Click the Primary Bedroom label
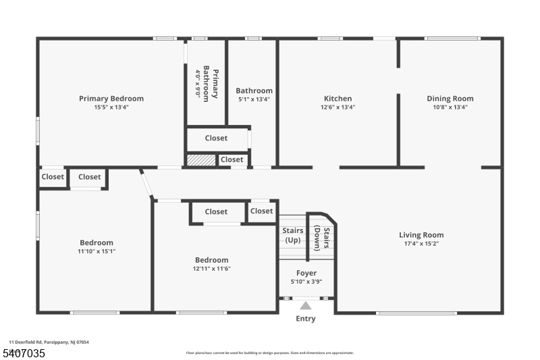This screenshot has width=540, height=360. tap(111, 99)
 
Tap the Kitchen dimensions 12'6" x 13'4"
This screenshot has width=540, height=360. tap(337, 107)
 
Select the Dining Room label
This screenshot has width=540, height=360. tap(450, 99)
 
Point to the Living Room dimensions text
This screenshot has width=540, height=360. tap(421, 244)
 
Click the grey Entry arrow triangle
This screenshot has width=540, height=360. tap(306, 305)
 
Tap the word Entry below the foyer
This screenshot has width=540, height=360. tap(306, 319)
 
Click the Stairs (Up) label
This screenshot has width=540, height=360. tap(292, 236)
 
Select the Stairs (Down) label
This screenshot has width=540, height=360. tap(321, 238)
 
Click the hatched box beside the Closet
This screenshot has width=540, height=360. tap(200, 160)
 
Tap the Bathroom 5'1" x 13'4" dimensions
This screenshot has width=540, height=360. tap(254, 99)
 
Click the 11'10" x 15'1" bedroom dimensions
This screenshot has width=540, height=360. tap(97, 251)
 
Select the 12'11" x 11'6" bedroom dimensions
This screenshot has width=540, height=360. tap(211, 268)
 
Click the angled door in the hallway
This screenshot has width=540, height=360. tap(146, 184)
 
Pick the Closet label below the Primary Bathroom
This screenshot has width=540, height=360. tap(216, 138)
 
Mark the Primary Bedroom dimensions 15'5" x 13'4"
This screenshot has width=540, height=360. tap(111, 107)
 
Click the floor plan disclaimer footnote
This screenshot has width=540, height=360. tap(269, 353)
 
